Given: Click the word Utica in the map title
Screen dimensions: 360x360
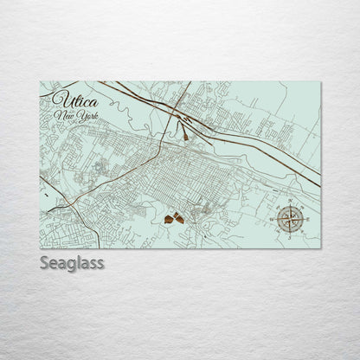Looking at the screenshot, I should coord(70,98).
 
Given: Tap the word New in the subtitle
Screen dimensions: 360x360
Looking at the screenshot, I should coord(61,115).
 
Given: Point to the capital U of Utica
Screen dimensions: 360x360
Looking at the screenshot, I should coord(58,97).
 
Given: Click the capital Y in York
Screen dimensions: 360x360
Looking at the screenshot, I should coord(72,115).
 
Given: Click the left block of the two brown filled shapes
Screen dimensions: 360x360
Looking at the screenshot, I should coord(167,221).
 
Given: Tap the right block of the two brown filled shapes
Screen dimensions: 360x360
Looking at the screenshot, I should coord(178,218).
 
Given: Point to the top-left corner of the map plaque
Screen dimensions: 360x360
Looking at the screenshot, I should coord(40,82).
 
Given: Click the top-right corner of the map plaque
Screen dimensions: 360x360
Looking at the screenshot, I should coord(321,82).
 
